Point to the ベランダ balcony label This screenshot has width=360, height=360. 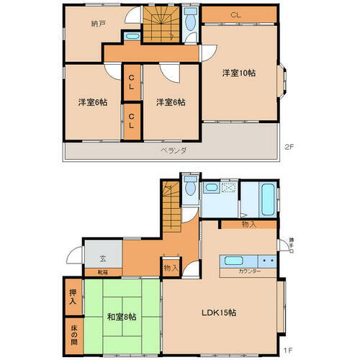coord(174,150)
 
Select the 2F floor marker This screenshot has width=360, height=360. coord(289,148)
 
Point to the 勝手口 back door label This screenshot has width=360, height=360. coord(290,244)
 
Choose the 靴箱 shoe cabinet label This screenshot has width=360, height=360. coord(94,271)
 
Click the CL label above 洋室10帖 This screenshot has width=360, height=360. coord(235,15)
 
